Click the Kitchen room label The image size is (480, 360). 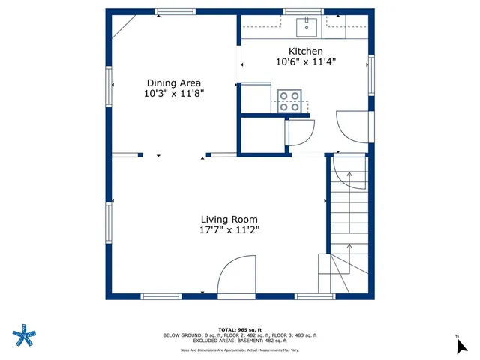pyautogui.click(x=306, y=51)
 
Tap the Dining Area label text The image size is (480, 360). pyautogui.click(x=173, y=83)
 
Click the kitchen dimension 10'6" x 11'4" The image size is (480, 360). pyautogui.click(x=306, y=62)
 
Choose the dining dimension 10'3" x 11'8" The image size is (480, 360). pyautogui.click(x=173, y=94)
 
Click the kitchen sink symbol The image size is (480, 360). pyautogui.click(x=306, y=27)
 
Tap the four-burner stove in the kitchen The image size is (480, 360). pyautogui.click(x=289, y=101)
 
